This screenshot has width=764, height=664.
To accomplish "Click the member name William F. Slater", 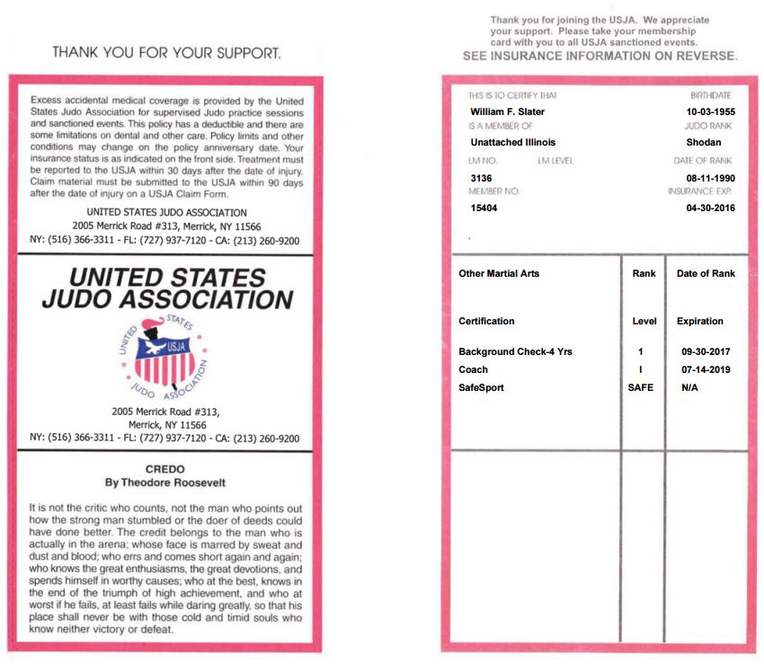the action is (x=507, y=111).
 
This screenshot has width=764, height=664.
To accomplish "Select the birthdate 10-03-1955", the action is (x=709, y=111).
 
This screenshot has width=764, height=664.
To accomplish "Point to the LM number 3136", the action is (x=481, y=178).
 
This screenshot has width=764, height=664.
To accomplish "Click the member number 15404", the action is (x=484, y=208).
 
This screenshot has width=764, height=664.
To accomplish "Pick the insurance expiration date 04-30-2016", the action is (x=710, y=208).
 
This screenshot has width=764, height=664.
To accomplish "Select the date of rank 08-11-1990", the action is (x=710, y=178).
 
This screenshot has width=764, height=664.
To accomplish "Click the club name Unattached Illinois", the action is (x=513, y=142).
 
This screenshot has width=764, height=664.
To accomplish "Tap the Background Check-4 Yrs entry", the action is (x=515, y=351).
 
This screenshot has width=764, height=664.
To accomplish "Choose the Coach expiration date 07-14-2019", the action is (x=706, y=369).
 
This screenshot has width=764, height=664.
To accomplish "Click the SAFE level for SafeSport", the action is (x=641, y=387).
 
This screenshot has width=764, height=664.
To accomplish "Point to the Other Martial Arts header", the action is (x=499, y=273).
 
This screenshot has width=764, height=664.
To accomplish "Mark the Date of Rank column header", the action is (x=706, y=273).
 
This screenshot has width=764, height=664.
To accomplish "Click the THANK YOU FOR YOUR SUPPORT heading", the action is (x=166, y=53).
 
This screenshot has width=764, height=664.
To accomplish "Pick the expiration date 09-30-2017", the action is (x=706, y=351).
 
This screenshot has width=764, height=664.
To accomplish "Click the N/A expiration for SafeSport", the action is (x=690, y=387).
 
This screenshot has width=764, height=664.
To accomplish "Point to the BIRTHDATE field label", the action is (x=711, y=95).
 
